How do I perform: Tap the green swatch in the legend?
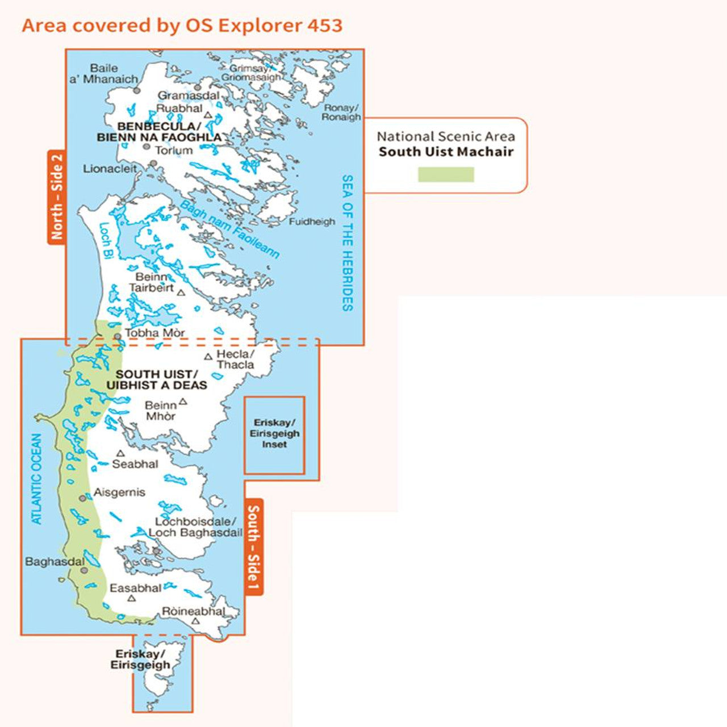446,174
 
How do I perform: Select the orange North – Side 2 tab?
56,197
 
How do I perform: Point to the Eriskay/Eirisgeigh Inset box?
274,435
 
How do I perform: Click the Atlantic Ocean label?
36,479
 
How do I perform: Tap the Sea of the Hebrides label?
347,243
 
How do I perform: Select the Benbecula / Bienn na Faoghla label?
159,132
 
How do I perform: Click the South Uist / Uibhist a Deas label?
157,379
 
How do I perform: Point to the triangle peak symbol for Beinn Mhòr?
183,402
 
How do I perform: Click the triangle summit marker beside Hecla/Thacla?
208,357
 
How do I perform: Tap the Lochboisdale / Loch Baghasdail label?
195,527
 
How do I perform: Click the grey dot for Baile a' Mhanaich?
136,90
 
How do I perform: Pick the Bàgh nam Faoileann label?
229,229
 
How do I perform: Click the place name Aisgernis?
119,492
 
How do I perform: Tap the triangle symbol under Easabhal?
132,598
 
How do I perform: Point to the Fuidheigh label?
312,222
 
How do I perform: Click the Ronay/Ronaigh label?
341,112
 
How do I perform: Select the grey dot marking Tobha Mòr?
118,336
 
